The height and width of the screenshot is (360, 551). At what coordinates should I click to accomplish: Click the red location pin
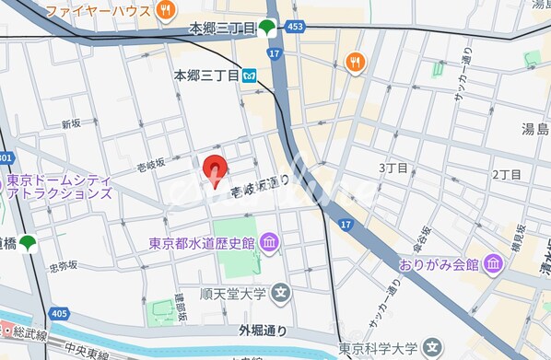(215, 170)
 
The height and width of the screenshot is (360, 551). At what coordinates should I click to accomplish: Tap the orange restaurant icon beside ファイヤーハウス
(166, 11)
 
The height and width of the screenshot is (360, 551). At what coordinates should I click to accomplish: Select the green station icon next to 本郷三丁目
(266, 28)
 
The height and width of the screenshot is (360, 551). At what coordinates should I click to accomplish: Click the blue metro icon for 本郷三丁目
(250, 77)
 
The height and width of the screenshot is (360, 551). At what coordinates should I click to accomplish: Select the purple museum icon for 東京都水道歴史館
(269, 243)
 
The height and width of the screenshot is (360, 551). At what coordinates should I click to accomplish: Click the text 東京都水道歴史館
(203, 244)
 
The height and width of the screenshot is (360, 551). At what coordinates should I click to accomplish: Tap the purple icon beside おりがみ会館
(494, 264)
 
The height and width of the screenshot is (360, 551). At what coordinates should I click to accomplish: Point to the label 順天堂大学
(233, 295)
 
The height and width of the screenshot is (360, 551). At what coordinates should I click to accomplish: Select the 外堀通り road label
(264, 330)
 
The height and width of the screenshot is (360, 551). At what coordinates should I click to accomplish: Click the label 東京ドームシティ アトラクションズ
(59, 187)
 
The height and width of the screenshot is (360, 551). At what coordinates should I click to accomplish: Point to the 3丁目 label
(393, 168)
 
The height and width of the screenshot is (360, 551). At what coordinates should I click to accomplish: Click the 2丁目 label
(506, 174)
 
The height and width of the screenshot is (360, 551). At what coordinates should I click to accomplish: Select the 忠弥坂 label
(63, 267)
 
